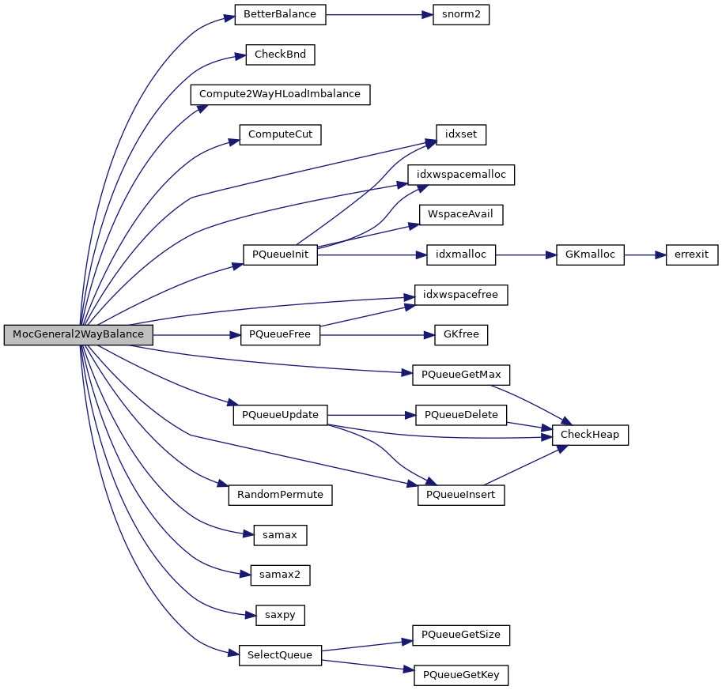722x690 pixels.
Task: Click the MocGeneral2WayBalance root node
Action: tap(77, 334)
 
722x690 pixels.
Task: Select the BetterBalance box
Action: tap(280, 15)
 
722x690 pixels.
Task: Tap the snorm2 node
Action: tap(460, 15)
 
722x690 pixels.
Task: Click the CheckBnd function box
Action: tap(280, 55)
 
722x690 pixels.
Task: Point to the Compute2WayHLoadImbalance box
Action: tap(280, 94)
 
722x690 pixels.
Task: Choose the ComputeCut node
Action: tap(280, 134)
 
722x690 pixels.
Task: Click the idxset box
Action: tap(460, 134)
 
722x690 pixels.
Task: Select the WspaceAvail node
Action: tap(460, 214)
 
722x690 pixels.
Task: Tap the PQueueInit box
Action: tap(280, 255)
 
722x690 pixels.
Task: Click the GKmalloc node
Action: tap(591, 255)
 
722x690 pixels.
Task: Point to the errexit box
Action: tap(692, 255)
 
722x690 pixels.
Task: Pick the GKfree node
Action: tap(460, 334)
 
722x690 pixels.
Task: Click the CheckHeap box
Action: tap(591, 435)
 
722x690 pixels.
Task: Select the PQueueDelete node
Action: tap(460, 415)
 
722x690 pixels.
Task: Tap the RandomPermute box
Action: tap(280, 495)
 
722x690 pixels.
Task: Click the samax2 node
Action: tap(280, 575)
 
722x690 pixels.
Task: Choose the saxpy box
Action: tap(280, 614)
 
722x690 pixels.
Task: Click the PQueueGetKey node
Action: tap(460, 675)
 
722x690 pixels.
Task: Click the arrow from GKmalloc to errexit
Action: tap(645, 255)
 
